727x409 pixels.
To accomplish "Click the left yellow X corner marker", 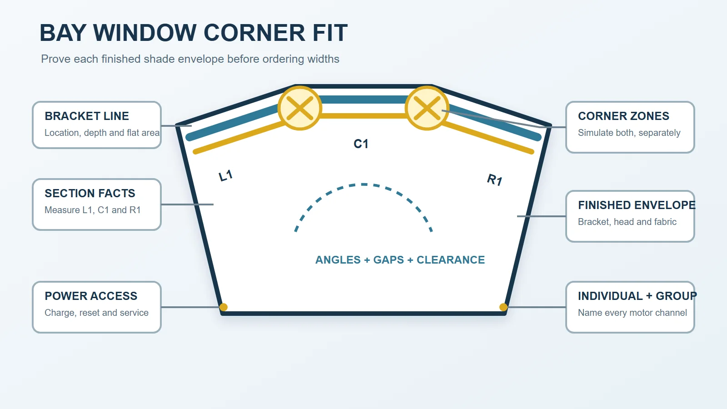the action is coord(299,108).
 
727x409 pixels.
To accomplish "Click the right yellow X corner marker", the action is coord(427,108).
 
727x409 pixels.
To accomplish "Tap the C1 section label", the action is coord(361,144).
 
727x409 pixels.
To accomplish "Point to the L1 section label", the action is coord(225,175).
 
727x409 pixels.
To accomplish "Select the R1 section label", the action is coord(495,180).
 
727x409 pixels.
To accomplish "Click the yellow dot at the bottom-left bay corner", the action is coord(223,307).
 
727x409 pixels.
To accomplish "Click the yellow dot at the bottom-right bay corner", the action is coord(503,307).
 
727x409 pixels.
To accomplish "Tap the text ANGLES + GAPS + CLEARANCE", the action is coord(400,259).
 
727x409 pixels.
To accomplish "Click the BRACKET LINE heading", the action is coord(87,116).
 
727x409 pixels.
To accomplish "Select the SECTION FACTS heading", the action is coord(90,193).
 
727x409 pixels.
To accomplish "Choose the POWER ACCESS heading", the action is coord(91,296).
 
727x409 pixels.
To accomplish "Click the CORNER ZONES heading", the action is coord(623,116).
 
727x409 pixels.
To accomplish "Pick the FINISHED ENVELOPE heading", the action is coord(637,205).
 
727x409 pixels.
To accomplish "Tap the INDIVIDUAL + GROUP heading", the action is coord(637,296).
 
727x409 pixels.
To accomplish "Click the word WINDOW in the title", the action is coord(145,33).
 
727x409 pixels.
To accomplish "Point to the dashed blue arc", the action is coord(364,185).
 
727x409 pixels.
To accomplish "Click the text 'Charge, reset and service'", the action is coord(96,313).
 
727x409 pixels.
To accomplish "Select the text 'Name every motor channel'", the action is coord(632,313).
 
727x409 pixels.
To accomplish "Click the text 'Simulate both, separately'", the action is coord(629,133).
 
